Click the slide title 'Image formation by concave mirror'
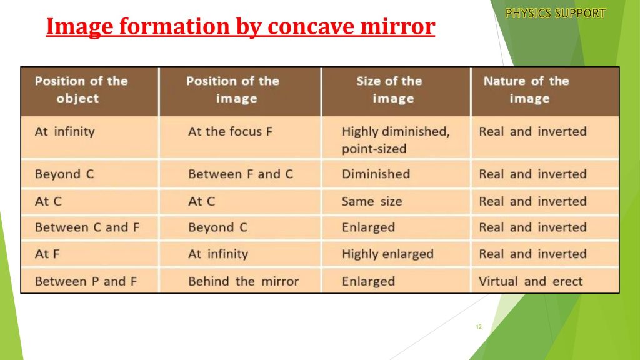click(x=241, y=26)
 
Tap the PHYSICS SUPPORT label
click(x=555, y=14)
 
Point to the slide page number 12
click(x=479, y=327)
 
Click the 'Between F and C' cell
click(x=241, y=174)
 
